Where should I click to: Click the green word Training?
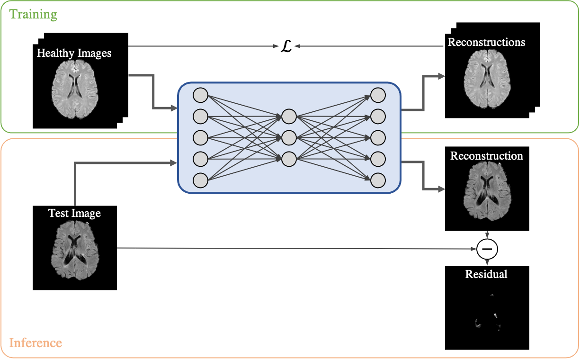33,14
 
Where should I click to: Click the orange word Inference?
36,342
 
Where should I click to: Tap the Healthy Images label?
74,53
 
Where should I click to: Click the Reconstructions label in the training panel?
486,42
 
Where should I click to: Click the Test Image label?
74,213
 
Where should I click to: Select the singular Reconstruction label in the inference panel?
486,156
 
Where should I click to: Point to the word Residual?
486,274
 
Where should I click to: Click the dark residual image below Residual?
488,313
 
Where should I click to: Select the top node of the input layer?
201,95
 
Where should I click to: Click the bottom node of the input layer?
201,180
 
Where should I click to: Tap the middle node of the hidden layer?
289,138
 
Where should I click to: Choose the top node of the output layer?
378,95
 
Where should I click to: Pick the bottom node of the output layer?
378,180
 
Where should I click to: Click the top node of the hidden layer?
289,116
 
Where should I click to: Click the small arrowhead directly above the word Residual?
487,263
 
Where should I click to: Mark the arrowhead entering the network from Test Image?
173,163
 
